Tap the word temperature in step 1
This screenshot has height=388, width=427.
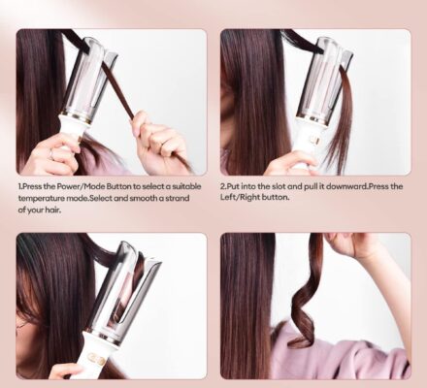coord(43,199)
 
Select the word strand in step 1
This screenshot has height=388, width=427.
coord(174,199)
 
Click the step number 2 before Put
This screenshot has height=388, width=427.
coord(223,186)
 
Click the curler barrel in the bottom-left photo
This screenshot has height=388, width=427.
coord(121,291)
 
